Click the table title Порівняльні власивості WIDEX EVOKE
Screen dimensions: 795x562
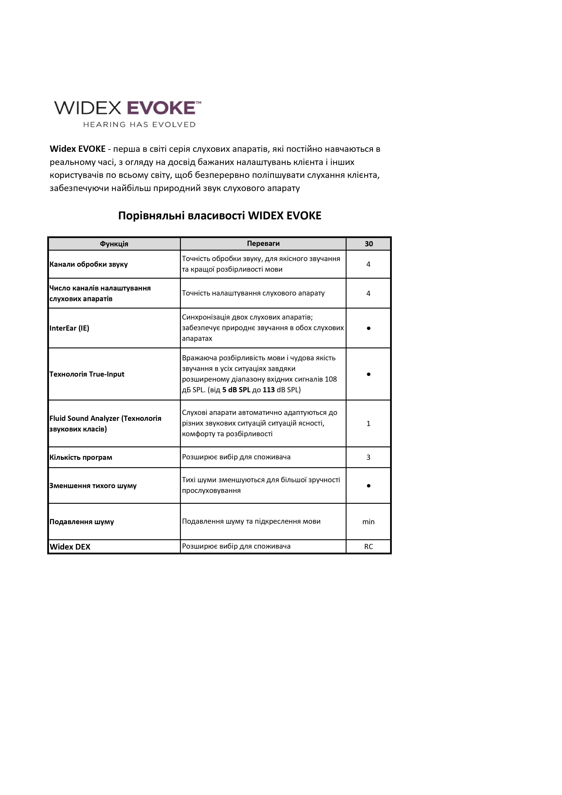tap(220, 216)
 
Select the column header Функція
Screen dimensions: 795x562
tap(114, 244)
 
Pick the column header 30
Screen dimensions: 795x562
tap(368, 244)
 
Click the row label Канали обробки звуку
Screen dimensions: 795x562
tap(89, 264)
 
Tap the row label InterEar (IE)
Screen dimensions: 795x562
tap(69, 328)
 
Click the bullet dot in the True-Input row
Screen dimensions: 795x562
tap(368, 374)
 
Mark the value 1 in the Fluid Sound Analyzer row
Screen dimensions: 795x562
tap(368, 424)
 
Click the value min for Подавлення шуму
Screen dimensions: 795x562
tap(368, 522)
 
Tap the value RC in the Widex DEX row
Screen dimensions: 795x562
tap(368, 547)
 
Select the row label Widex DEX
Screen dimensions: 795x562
tap(70, 547)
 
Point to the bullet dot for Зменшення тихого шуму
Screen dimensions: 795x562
tap(368, 486)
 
